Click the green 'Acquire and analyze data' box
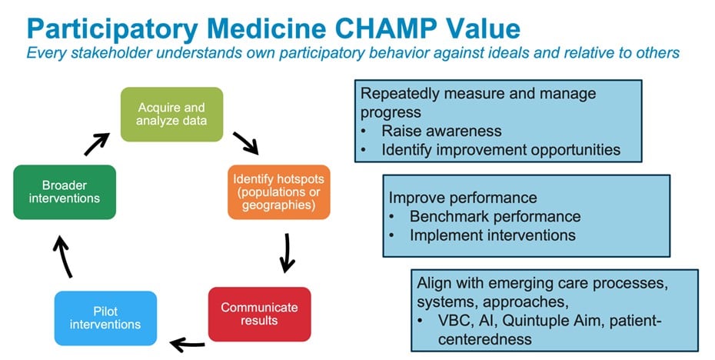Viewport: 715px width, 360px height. [x=171, y=114]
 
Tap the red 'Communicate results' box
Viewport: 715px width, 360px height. [x=259, y=313]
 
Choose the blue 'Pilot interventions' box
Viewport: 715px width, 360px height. [x=105, y=318]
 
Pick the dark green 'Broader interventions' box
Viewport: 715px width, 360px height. [x=65, y=192]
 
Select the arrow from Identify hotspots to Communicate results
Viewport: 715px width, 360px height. [x=287, y=253]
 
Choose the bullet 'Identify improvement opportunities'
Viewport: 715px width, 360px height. [x=500, y=149]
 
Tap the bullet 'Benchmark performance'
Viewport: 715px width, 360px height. [x=494, y=216]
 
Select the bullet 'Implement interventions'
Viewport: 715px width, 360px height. [x=492, y=235]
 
